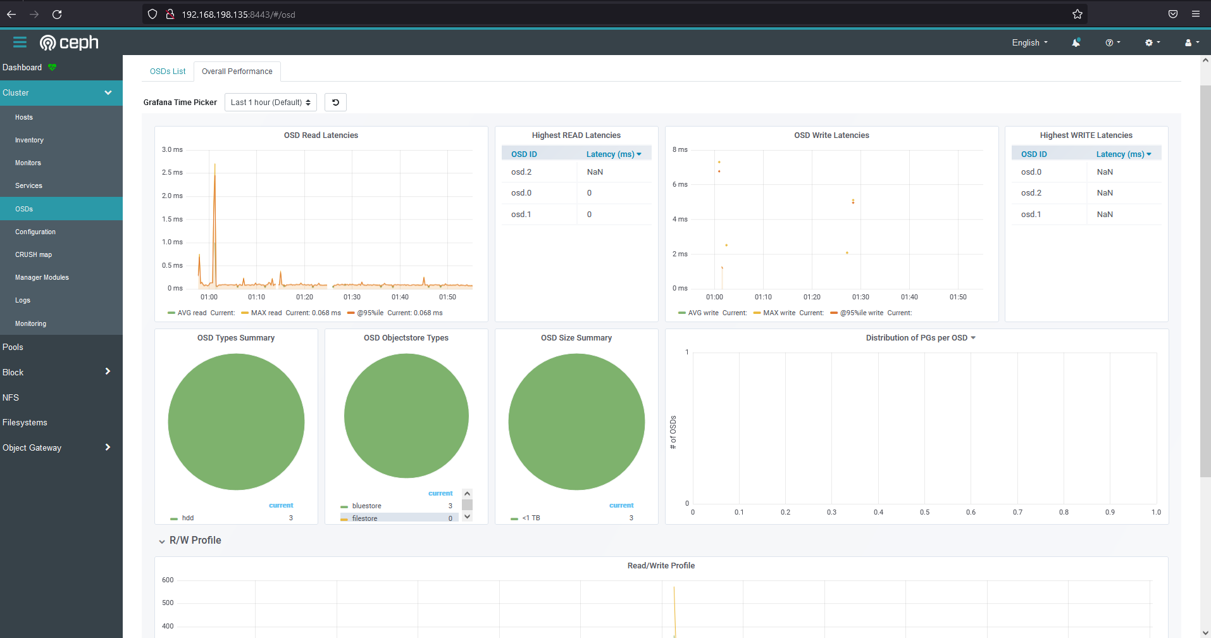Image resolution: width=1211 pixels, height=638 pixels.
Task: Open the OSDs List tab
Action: tap(168, 72)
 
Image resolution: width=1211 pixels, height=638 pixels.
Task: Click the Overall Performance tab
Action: tap(237, 72)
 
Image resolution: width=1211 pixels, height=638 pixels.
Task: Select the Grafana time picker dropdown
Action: tap(271, 103)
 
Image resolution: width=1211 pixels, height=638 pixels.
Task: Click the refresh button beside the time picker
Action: tap(335, 103)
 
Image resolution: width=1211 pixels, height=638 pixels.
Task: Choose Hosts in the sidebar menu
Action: tap(24, 118)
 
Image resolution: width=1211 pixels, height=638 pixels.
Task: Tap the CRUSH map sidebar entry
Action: tap(34, 255)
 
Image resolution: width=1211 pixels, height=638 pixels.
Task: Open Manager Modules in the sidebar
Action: tap(42, 278)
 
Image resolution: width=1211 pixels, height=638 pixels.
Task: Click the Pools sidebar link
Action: tap(13, 347)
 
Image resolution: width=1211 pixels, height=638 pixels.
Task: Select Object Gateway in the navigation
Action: tap(32, 448)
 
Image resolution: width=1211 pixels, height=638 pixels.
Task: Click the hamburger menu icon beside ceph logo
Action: tap(20, 42)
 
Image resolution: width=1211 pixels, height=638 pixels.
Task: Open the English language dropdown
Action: tap(1029, 43)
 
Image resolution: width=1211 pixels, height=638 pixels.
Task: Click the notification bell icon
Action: tap(1076, 43)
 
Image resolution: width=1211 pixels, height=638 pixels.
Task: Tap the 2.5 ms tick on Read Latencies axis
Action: tap(172, 173)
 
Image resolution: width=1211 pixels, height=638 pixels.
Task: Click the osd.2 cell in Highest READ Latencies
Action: tap(521, 172)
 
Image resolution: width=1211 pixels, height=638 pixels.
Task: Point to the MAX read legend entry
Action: tap(266, 313)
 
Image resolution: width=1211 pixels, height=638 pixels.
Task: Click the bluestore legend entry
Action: tap(366, 506)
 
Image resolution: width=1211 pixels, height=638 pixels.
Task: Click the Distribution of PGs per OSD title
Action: tap(917, 338)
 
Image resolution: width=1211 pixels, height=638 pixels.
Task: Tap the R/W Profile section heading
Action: tap(195, 541)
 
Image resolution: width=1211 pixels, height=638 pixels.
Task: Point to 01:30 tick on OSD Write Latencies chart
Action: tap(860, 297)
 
